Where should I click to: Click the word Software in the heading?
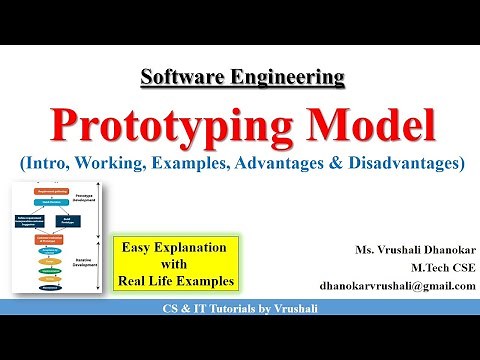pos(177,76)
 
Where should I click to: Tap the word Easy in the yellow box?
pos(141,247)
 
